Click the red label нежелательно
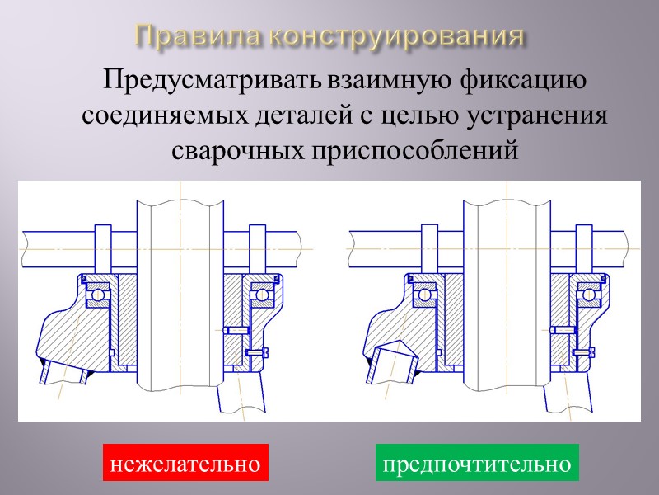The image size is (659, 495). tap(185, 464)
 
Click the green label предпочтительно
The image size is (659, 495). tap(478, 464)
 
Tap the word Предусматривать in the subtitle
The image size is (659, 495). tap(213, 82)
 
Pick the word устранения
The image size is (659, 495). tap(539, 116)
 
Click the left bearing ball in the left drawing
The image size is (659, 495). tap(98, 294)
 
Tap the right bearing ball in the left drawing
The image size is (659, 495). tap(264, 294)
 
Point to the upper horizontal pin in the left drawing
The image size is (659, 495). tap(236, 331)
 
